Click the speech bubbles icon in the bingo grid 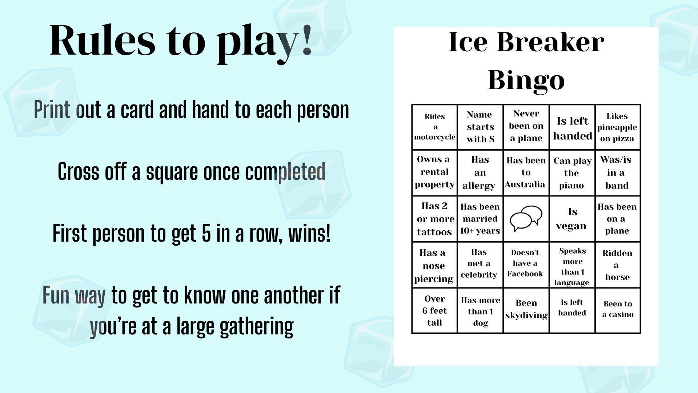526,219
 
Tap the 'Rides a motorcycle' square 434,127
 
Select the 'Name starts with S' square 480,127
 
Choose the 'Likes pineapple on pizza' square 617,127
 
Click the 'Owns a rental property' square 434,172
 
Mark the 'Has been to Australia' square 526,172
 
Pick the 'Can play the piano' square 572,173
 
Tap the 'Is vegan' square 572,219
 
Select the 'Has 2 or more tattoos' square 434,219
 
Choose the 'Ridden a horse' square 617,265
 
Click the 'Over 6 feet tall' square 434,310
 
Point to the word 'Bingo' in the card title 526,80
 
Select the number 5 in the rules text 206,233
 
